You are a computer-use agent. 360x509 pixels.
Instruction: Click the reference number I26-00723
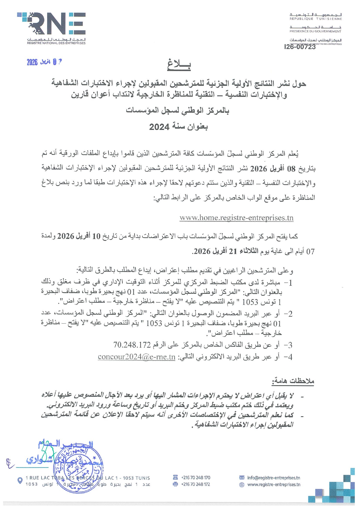tap(300, 47)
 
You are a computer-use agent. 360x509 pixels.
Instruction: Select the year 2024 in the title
tap(159, 127)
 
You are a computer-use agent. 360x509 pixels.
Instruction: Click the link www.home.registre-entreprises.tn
tap(236, 218)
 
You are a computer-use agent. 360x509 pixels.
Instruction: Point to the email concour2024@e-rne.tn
tap(137, 357)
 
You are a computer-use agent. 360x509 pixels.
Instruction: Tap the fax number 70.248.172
tap(132, 345)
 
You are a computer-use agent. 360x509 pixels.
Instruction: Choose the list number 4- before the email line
tap(287, 357)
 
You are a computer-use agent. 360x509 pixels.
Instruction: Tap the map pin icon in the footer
tap(20, 481)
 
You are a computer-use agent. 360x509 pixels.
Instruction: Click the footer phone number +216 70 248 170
tap(196, 478)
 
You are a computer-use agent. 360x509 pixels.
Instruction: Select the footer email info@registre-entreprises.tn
tap(274, 478)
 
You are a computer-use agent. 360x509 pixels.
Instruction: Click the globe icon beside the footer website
tap(242, 485)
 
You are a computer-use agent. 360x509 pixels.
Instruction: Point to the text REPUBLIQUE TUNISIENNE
tap(316, 19)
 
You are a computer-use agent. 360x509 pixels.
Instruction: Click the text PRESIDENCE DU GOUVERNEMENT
tap(315, 31)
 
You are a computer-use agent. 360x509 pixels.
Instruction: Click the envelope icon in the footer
tap(242, 478)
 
